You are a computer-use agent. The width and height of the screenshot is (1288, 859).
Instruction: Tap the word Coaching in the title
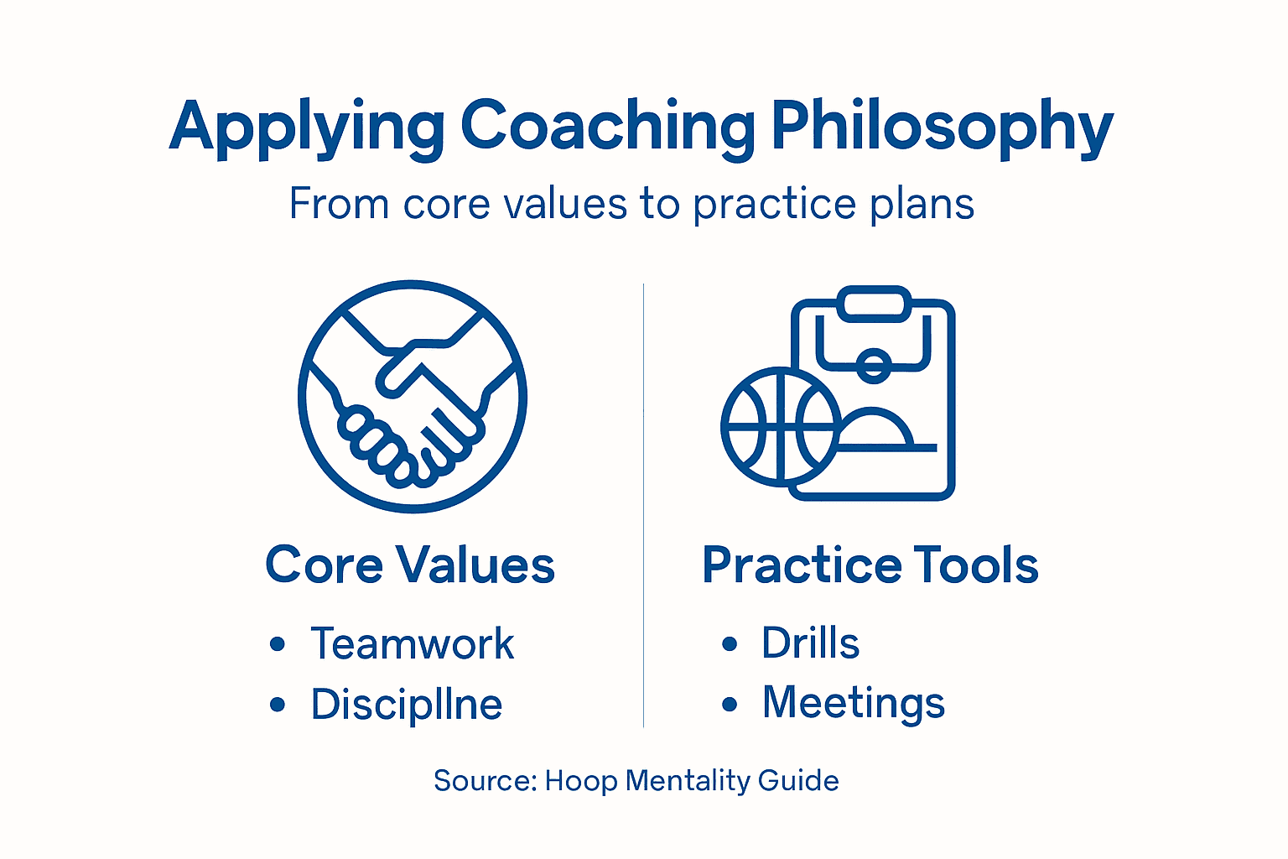click(x=607, y=128)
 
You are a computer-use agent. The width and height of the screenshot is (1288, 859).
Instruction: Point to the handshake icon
click(x=413, y=396)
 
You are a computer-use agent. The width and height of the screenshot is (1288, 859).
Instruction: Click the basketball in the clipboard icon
click(x=780, y=426)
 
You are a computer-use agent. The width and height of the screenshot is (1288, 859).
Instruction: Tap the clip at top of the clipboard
click(x=874, y=304)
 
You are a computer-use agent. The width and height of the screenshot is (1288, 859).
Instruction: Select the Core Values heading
click(x=410, y=565)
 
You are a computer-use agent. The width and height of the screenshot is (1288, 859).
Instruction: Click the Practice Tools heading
click(x=870, y=565)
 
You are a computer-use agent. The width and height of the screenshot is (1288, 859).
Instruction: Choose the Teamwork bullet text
click(x=412, y=644)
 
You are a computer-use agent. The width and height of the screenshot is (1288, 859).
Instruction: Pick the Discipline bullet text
click(x=407, y=704)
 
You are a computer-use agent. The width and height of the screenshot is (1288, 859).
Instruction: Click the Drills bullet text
click(x=810, y=643)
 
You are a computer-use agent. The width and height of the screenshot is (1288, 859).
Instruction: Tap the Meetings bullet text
click(x=853, y=703)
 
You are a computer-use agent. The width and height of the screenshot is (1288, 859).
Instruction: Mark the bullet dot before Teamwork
click(x=278, y=644)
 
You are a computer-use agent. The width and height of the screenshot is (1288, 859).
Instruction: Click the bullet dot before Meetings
click(x=730, y=704)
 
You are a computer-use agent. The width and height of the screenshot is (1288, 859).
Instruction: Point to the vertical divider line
click(x=643, y=503)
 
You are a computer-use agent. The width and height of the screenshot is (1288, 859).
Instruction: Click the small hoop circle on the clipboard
click(x=874, y=365)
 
